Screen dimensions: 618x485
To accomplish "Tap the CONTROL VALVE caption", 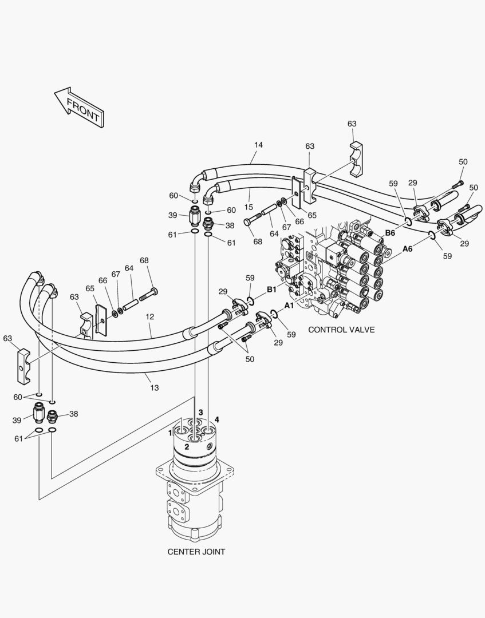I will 341,330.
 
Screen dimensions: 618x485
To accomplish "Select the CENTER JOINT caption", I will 196,552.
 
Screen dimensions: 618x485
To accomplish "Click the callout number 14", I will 258,145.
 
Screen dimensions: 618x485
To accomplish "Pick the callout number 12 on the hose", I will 150,316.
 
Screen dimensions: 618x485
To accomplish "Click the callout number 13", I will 154,388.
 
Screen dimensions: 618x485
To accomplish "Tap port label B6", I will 389,233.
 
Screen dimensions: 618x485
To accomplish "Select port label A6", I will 407,249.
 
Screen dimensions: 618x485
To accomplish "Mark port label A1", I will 289,306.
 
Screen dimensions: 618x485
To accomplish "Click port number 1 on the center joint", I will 170,433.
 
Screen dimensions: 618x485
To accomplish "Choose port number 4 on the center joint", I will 217,419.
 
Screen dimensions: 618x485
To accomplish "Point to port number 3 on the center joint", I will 200,412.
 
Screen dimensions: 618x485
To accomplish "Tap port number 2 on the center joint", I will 187,447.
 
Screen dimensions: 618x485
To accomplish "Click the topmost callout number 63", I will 352,124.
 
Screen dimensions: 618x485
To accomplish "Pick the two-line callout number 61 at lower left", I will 18,438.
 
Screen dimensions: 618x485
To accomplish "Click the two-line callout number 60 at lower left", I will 18,397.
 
